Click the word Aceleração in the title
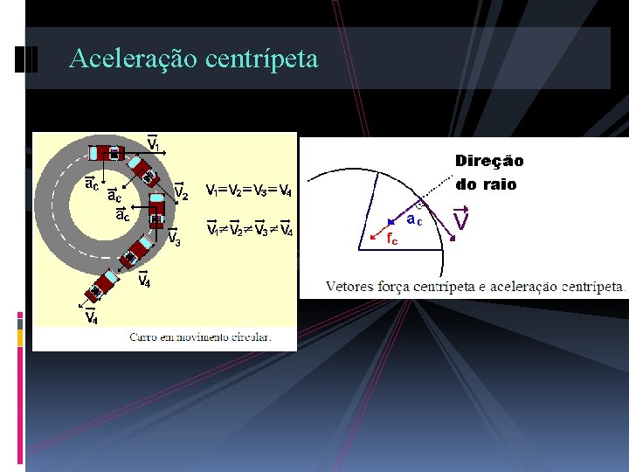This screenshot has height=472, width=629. pos(134,59)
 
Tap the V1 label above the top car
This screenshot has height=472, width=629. pos(154,143)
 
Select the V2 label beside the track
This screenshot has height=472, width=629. pos(181,191)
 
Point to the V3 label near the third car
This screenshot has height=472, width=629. pos(174,238)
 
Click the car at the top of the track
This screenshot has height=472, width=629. pos(107,152)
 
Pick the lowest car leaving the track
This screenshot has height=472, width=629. pos(101,285)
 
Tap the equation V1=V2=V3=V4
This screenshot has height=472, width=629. pos(248,191)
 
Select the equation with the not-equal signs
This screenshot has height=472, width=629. pos(249,230)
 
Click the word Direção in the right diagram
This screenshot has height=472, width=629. pos(489,161)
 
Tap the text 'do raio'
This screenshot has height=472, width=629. pos(486,184)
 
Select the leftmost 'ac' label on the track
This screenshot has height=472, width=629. pos(90,184)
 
